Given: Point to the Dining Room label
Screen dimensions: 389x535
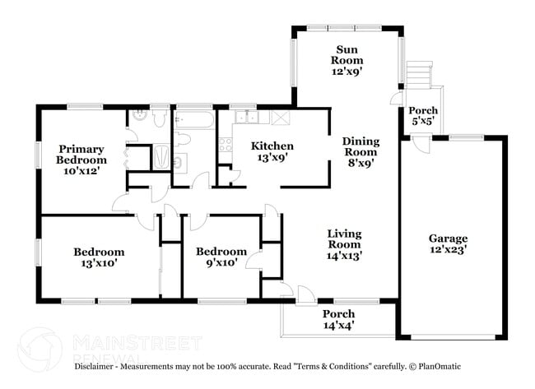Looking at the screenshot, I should pos(360,151).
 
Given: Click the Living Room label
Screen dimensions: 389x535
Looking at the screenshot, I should pos(344,244).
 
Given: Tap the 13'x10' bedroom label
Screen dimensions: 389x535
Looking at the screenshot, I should pos(99,257).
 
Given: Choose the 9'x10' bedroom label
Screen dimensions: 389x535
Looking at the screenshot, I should pos(221,257).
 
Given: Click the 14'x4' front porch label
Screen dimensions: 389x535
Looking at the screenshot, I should pos(338,320).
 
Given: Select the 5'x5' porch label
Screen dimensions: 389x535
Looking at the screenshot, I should pos(424,116).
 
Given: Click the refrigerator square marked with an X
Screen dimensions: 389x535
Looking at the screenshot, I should pos(281,118).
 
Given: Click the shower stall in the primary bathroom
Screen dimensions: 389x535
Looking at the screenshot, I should pos(162,157).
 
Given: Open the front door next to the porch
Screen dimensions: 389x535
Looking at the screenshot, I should pos(304,294).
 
